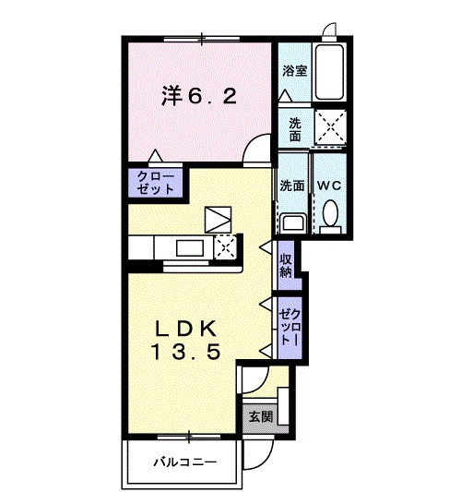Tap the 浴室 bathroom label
[294, 70]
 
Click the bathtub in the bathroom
[328, 73]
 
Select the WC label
[329, 184]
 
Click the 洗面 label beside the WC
[293, 184]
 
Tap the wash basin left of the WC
[293, 222]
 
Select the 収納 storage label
[287, 265]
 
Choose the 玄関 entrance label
[261, 416]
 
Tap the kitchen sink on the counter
[192, 247]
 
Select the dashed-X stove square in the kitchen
[225, 246]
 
